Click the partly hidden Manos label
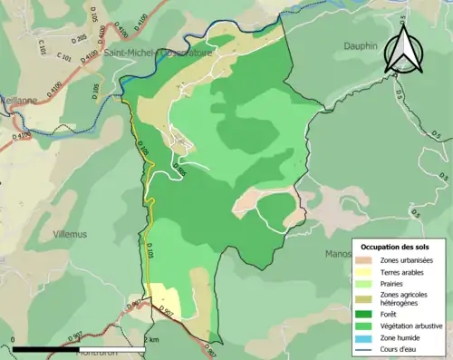click(x=337, y=229)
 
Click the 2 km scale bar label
click(x=153, y=340)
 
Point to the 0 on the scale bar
click(x=13, y=340)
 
